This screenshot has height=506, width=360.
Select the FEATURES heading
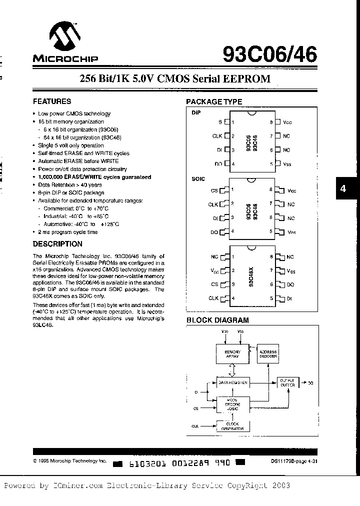[x=52, y=101]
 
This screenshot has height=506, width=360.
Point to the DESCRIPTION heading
[x=57, y=244]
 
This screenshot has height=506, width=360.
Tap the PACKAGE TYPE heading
[x=214, y=101]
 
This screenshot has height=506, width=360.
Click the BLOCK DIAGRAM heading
[x=217, y=320]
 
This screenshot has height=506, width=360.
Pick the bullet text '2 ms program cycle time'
[x=67, y=232]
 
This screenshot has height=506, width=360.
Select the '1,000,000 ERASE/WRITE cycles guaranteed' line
[x=94, y=177]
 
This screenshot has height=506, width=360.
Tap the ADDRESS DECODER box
[x=268, y=354]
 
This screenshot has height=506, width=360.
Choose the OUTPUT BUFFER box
[x=287, y=383]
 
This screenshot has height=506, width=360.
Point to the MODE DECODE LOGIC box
[x=232, y=404]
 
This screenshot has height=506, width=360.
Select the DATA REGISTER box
[x=232, y=382]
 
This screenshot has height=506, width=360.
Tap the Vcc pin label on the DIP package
[x=286, y=122]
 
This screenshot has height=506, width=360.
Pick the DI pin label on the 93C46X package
[x=289, y=298]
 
